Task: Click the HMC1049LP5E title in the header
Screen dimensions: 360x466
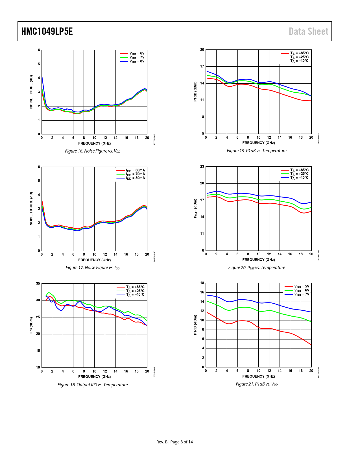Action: pyautogui.click(x=47, y=31)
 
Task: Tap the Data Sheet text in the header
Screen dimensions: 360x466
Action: pyautogui.click(x=308, y=31)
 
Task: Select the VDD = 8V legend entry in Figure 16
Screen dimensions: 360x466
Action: pyautogui.click(x=132, y=61)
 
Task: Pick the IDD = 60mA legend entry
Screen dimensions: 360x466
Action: pyautogui.click(x=130, y=171)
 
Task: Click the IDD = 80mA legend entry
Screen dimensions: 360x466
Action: pyautogui.click(x=130, y=178)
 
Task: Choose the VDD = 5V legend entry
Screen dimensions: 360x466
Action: pyautogui.click(x=297, y=286)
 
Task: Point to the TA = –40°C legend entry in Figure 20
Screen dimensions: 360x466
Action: pyautogui.click(x=294, y=178)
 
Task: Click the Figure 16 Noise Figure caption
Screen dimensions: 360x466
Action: pyautogui.click(x=93, y=151)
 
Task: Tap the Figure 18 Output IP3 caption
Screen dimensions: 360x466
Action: pyautogui.click(x=92, y=385)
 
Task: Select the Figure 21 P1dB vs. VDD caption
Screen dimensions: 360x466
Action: pyautogui.click(x=257, y=384)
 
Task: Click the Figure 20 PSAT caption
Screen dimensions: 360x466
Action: pyautogui.click(x=256, y=268)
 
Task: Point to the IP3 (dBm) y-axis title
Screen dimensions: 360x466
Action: pyautogui.click(x=31, y=325)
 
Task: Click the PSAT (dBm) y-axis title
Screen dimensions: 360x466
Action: pyautogui.click(x=195, y=208)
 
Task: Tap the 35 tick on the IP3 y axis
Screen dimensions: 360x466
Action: pyautogui.click(x=38, y=284)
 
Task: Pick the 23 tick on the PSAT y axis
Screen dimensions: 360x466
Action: pyautogui.click(x=202, y=166)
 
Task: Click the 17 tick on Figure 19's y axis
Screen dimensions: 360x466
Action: pyautogui.click(x=202, y=66)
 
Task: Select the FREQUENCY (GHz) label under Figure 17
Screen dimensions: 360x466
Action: pyautogui.click(x=94, y=260)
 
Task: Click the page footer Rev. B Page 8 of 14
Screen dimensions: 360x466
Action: pyautogui.click(x=174, y=442)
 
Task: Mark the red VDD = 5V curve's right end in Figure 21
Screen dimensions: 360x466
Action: pyautogui.click(x=311, y=345)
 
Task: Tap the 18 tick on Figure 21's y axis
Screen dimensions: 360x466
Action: pyautogui.click(x=202, y=283)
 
